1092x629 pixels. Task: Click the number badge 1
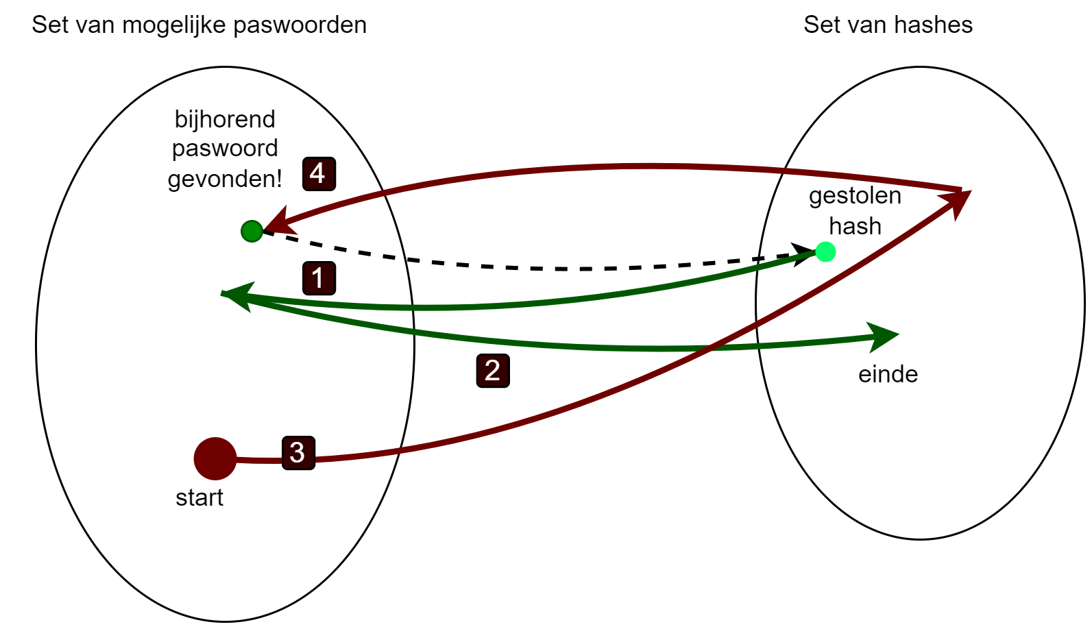tap(319, 278)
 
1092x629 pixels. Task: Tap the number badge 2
tap(493, 371)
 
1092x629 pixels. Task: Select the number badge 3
tap(298, 452)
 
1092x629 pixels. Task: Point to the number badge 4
tap(319, 173)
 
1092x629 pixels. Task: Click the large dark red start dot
tap(215, 458)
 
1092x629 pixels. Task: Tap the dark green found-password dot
tap(252, 232)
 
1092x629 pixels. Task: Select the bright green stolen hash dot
tap(825, 252)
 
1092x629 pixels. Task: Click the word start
tap(199, 497)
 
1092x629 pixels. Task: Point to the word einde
tap(888, 374)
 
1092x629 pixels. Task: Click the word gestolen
tap(855, 196)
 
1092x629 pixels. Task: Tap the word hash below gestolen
tap(855, 226)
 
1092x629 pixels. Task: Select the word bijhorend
tap(225, 119)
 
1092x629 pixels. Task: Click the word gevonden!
tap(225, 179)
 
